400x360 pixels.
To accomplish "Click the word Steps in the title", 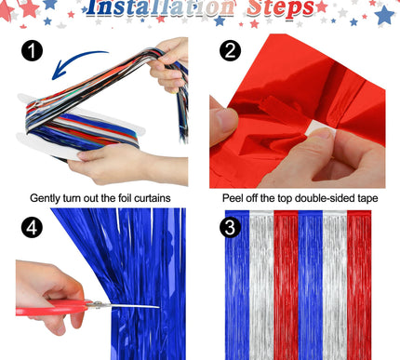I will pos(274,9).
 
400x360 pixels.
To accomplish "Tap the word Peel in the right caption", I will pos(234,197).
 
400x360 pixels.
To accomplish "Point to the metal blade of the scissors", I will pos(130,305).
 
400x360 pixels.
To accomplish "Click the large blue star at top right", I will pos(383,15).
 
